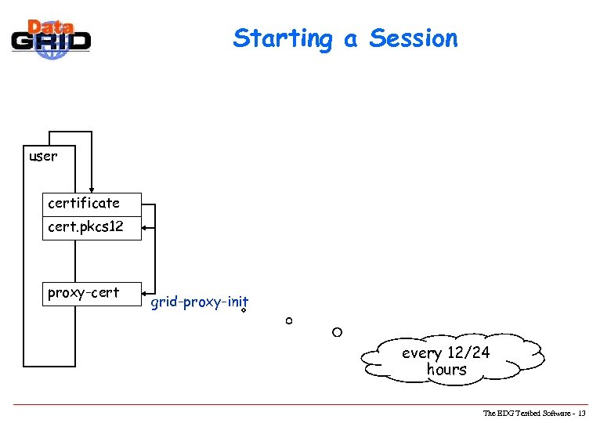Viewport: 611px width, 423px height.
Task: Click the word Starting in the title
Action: coord(282,38)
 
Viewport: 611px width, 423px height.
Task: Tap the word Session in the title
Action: coord(414,38)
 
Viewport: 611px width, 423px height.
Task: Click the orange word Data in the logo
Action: coord(51,26)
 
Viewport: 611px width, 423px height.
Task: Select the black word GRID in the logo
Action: coord(51,42)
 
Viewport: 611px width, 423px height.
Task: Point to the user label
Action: coord(42,156)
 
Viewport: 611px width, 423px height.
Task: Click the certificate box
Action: coord(92,204)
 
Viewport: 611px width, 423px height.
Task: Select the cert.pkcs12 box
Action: coord(92,228)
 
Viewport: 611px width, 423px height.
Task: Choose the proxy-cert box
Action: coord(92,293)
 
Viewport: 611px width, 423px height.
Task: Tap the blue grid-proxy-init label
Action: coord(199,302)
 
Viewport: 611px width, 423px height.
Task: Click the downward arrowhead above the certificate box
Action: coord(92,188)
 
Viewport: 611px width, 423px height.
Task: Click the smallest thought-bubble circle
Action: coord(244,311)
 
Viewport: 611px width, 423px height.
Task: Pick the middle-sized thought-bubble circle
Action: coord(288,321)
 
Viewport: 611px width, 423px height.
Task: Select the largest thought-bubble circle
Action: coord(337,332)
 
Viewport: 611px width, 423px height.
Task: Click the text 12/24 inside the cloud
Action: coord(468,353)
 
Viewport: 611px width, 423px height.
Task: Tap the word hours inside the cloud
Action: coord(446,370)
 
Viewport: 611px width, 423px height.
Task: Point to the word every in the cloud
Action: coord(421,353)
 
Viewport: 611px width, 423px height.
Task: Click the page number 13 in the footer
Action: coord(581,413)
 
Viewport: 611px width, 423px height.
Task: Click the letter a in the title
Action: coord(349,39)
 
